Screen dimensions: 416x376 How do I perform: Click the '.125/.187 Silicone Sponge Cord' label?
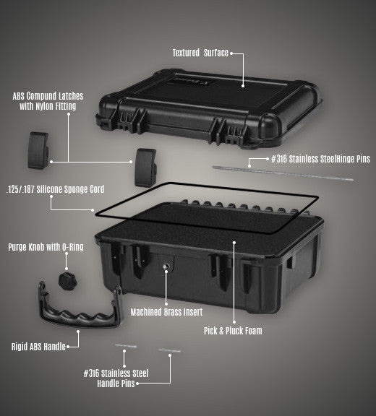54,189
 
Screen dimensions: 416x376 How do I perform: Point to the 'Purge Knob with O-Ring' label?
46,247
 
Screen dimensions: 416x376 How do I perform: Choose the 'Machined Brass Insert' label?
166,312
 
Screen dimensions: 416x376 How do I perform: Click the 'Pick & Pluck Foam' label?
233,331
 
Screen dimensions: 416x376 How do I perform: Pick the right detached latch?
145,166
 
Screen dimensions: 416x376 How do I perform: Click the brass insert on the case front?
166,268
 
